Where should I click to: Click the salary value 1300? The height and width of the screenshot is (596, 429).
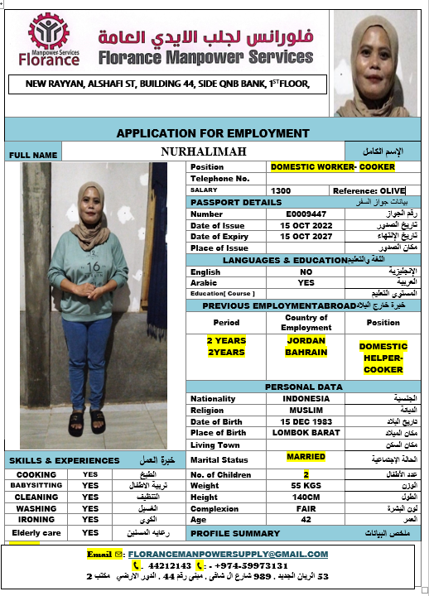click(281, 190)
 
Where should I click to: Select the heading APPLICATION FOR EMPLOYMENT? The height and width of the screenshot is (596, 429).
click(213, 132)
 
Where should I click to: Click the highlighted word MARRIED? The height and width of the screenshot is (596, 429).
click(306, 456)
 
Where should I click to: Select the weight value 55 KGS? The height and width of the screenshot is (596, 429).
click(306, 486)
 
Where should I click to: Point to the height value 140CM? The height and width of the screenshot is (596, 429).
click(306, 497)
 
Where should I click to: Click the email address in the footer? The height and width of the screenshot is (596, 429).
click(228, 554)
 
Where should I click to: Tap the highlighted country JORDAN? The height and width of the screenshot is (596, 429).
click(306, 340)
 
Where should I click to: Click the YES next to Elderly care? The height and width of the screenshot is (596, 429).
click(90, 533)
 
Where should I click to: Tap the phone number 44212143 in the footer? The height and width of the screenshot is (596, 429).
click(169, 565)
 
